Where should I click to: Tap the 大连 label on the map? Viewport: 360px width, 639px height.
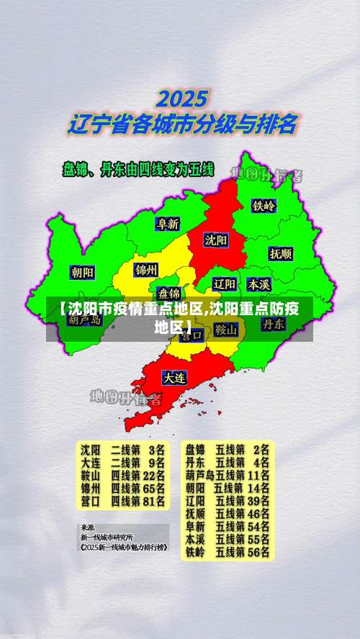pyautogui.click(x=174, y=376)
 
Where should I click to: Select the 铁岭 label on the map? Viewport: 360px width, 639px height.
pyautogui.click(x=264, y=205)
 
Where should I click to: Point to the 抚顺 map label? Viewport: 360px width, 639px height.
pyautogui.click(x=281, y=253)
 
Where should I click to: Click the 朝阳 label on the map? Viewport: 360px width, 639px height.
pyautogui.click(x=82, y=272)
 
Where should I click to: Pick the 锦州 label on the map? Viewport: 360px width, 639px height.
pyautogui.click(x=146, y=270)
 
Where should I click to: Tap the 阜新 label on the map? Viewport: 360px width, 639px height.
pyautogui.click(x=168, y=223)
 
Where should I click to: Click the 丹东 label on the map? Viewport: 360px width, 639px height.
pyautogui.click(x=273, y=324)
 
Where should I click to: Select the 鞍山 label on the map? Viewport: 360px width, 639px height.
pyautogui.click(x=225, y=330)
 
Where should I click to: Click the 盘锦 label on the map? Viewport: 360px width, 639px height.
pyautogui.click(x=170, y=293)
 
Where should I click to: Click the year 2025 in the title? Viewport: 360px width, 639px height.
pyautogui.click(x=183, y=98)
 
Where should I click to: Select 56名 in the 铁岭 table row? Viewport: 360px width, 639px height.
pyautogui.click(x=257, y=553)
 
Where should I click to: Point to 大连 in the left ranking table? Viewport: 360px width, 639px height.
pyautogui.click(x=91, y=462)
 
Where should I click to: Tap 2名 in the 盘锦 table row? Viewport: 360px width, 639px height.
pyautogui.click(x=261, y=449)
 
